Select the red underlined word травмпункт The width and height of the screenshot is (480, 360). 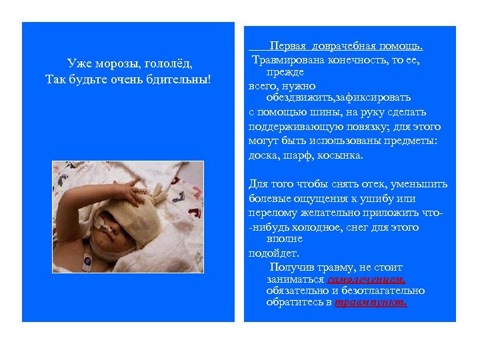371,302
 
